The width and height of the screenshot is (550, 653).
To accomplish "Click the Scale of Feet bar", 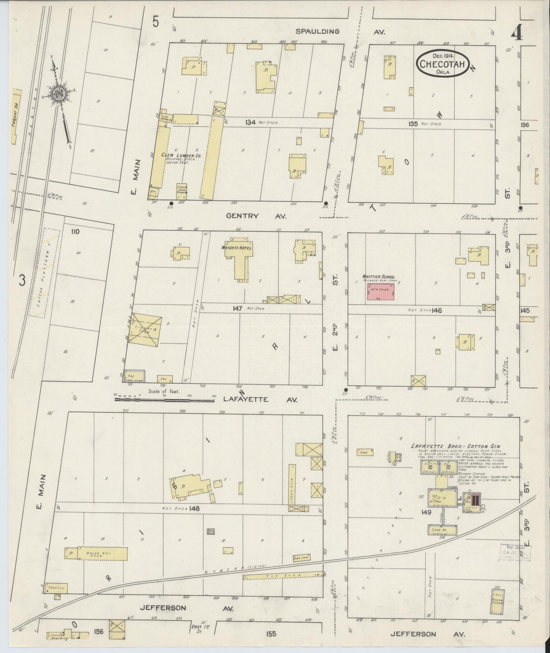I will click(164, 400).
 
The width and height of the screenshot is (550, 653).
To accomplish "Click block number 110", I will click(75, 231).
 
